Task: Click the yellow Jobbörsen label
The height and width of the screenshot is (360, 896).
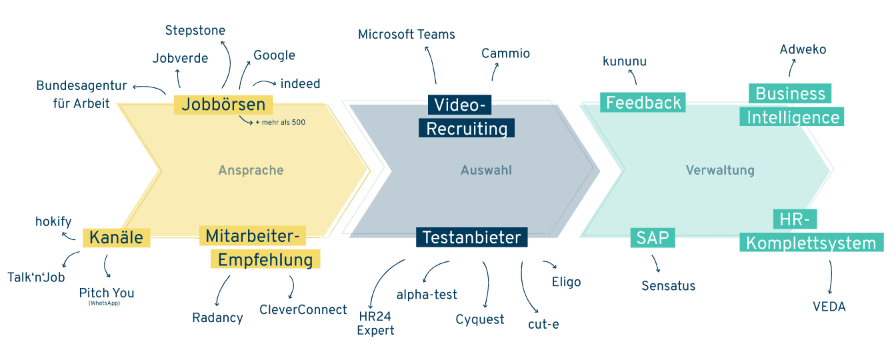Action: pos(223,105)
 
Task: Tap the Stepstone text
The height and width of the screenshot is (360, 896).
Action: pos(195,31)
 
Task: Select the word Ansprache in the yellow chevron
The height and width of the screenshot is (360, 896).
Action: pos(251,171)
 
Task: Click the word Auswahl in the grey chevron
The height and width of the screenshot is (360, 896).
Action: pos(486,170)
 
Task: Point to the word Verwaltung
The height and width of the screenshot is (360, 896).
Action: pos(720,171)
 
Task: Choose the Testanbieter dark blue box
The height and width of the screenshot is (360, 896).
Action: pos(471,237)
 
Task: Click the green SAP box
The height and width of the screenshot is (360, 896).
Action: pos(653,237)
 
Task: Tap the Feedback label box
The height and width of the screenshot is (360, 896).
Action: pos(643,103)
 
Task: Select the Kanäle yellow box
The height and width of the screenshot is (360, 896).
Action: pos(117,237)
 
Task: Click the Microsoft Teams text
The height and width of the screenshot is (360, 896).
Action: pos(407,35)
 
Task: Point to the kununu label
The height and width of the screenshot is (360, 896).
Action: pos(625,61)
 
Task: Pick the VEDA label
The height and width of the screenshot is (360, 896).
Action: pos(829,307)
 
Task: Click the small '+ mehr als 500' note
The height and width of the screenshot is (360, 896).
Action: pos(281,123)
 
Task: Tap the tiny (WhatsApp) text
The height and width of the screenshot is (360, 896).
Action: pos(104,303)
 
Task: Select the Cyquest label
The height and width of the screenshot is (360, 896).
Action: pos(479,319)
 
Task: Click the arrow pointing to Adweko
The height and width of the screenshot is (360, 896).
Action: pos(791,67)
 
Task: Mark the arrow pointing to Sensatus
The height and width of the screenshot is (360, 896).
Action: pos(656,263)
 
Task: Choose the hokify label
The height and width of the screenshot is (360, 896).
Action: pos(53,221)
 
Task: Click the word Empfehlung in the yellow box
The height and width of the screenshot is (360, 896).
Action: pos(265,260)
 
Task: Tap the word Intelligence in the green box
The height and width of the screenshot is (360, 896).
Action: pos(793,117)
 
